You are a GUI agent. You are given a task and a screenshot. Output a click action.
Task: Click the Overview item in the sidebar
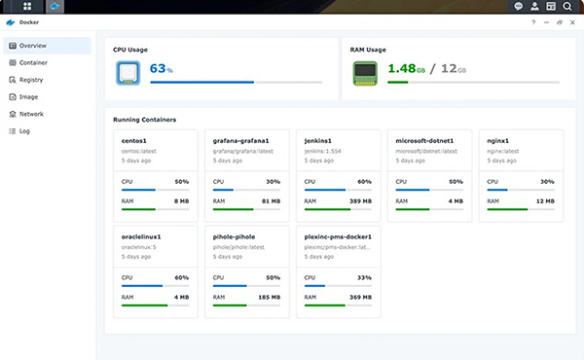[33, 46]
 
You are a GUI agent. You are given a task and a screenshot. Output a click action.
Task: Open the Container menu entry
[33, 62]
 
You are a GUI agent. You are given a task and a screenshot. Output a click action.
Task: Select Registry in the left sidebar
[31, 80]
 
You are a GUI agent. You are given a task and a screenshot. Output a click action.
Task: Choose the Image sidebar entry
[29, 97]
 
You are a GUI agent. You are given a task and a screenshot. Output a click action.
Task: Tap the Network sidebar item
[31, 114]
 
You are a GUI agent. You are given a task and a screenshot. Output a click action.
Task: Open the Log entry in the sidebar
[24, 130]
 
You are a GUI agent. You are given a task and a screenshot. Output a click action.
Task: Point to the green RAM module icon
[365, 71]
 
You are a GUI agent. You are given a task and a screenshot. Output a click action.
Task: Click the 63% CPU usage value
[160, 69]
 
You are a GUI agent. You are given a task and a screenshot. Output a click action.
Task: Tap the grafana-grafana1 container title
[239, 140]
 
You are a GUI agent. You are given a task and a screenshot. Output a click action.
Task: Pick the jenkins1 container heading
[317, 140]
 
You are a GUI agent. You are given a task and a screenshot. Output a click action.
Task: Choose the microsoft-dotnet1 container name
[432, 140]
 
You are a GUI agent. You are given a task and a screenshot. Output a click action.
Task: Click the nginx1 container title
[501, 140]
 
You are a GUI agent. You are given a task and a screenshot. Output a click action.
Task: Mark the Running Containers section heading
[145, 119]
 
